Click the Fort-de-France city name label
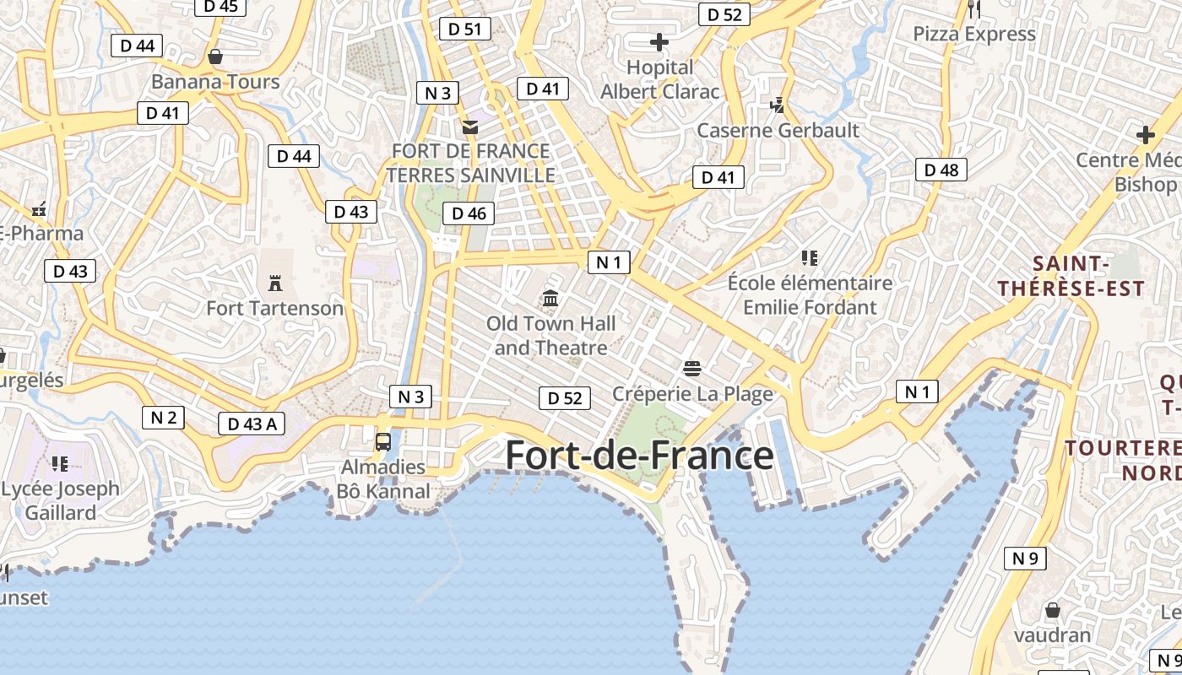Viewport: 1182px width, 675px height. click(x=639, y=456)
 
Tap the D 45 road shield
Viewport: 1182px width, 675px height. click(x=220, y=7)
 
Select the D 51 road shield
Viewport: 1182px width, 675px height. click(x=464, y=29)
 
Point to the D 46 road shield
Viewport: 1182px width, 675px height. click(x=469, y=213)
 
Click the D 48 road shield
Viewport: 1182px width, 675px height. click(x=941, y=170)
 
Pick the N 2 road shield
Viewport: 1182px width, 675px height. click(x=163, y=417)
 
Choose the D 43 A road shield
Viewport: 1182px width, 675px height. click(x=252, y=424)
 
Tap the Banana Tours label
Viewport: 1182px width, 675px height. click(x=215, y=82)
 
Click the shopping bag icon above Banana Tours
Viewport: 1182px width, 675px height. click(x=215, y=57)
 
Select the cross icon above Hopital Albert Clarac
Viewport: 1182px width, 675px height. click(x=659, y=42)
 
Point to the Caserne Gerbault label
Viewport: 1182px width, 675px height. click(x=778, y=131)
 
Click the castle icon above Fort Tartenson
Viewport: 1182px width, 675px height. click(x=274, y=283)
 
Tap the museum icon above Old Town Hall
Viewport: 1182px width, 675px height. click(x=551, y=298)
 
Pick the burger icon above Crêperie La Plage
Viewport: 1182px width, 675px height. click(x=692, y=368)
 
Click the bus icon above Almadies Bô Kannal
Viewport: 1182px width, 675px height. click(x=383, y=441)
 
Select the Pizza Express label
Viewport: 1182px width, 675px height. click(x=974, y=35)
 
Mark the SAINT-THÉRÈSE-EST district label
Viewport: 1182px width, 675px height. click(x=1071, y=277)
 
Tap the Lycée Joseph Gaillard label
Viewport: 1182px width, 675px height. click(x=61, y=500)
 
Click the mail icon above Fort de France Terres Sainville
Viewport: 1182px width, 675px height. click(x=469, y=127)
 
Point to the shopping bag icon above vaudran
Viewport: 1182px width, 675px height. click(x=1052, y=609)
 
